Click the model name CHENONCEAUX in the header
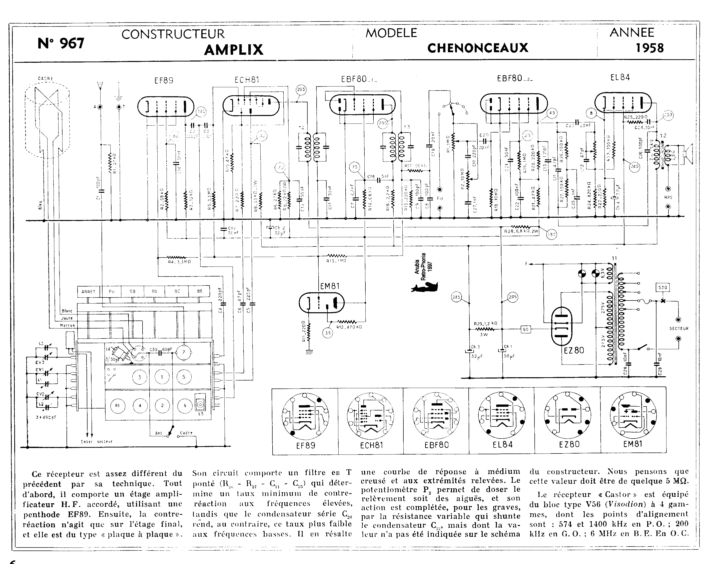click(x=477, y=48)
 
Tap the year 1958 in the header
click(x=650, y=48)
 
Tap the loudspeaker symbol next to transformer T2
click(x=688, y=154)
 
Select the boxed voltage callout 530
click(x=662, y=287)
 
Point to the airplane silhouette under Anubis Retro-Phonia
click(x=425, y=287)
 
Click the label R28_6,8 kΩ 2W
click(x=521, y=231)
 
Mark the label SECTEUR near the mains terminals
click(x=679, y=328)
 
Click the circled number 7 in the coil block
click(x=184, y=352)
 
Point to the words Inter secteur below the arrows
click(x=97, y=441)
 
